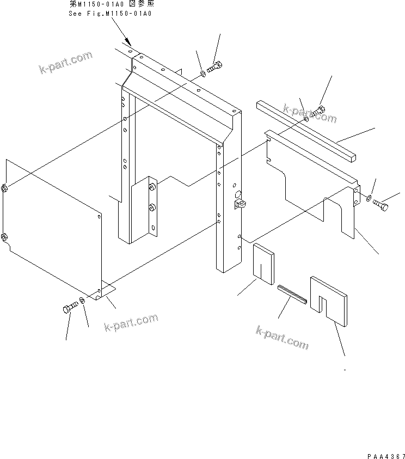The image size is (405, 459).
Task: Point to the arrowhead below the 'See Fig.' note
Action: coord(128,42)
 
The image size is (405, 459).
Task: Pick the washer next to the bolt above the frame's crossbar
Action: coord(202,73)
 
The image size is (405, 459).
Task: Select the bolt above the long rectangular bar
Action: coord(317,112)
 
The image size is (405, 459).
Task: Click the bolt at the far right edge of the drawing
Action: coord(382,204)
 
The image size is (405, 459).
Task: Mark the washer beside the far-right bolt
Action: coord(370,198)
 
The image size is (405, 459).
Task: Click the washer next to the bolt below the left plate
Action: coord(82,301)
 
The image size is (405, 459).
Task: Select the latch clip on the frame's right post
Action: coord(240,204)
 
